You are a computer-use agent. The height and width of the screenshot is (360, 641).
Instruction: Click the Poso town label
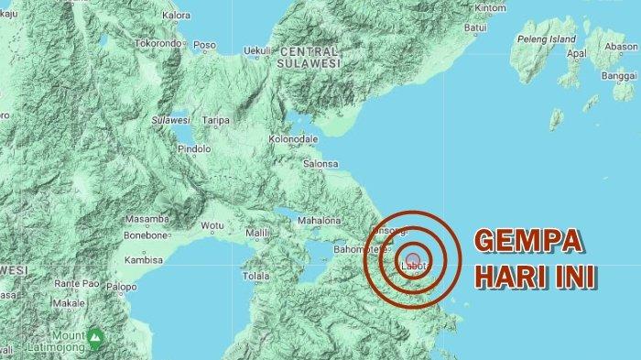(x=204, y=45)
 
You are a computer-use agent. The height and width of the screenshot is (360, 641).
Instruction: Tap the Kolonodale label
(x=293, y=139)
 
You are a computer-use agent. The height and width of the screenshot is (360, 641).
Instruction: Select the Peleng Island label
(x=546, y=39)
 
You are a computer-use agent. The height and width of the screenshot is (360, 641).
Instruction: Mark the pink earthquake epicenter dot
(x=413, y=259)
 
